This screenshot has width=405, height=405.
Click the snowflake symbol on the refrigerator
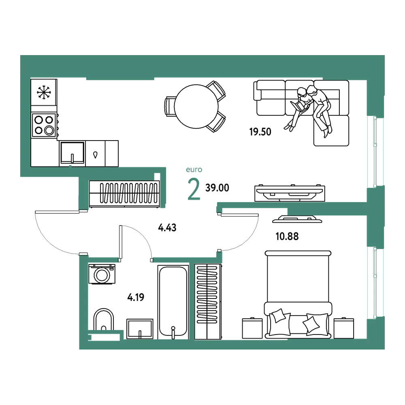[x=44, y=92]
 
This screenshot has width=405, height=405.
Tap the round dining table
[x=196, y=107]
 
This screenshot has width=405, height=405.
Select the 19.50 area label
[x=260, y=132]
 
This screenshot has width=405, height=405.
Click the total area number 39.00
[x=217, y=188]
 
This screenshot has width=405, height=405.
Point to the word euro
[x=194, y=170]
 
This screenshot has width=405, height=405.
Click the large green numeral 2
[x=194, y=189]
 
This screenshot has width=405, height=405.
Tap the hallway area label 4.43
[x=167, y=228]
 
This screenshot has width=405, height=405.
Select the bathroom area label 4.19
[x=136, y=297]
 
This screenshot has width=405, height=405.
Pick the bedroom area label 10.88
[x=287, y=237]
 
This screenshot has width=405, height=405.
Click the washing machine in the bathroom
[x=102, y=274]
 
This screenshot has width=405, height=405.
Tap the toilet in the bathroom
[x=103, y=320]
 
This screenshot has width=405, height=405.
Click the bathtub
[x=173, y=301]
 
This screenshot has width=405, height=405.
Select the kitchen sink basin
[x=72, y=153]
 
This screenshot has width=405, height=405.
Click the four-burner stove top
[x=44, y=125]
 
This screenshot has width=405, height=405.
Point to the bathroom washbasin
[x=140, y=329]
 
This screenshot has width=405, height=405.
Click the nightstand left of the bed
[x=252, y=328]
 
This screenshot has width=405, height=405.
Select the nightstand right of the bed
[x=344, y=328]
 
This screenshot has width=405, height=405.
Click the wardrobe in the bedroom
[x=208, y=301]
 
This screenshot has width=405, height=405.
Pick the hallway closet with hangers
[x=124, y=194]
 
